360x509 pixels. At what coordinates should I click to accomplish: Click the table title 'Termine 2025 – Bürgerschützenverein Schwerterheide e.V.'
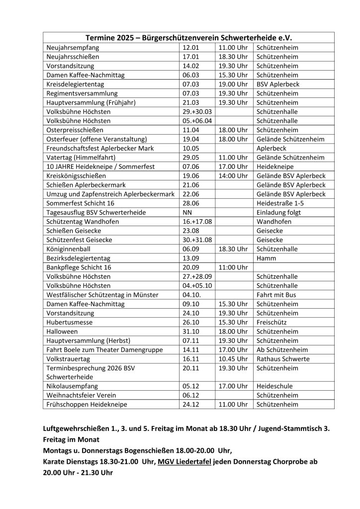188,38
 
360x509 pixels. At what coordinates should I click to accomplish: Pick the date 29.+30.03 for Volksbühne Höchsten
197,111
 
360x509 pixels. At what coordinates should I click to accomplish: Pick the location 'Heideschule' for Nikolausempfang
275,386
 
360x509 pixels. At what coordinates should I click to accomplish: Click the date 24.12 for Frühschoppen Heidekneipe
191,404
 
